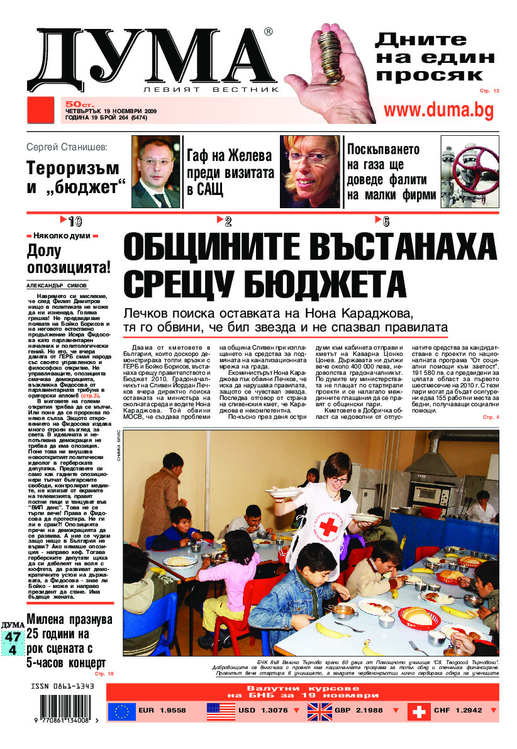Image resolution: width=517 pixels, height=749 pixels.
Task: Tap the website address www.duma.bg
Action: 438,110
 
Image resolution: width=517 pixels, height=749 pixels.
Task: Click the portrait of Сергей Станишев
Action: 155,172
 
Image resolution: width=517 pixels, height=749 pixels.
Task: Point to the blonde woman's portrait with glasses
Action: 309,172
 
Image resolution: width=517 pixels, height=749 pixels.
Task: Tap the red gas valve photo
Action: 469,172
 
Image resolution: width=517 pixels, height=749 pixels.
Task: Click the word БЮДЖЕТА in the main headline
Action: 264,284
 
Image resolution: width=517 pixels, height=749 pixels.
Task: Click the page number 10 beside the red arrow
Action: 75,221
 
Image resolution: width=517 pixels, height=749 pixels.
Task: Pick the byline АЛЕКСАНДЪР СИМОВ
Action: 57,285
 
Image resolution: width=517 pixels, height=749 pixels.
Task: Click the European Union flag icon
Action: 121,711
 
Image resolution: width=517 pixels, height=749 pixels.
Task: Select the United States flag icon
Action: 221,711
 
